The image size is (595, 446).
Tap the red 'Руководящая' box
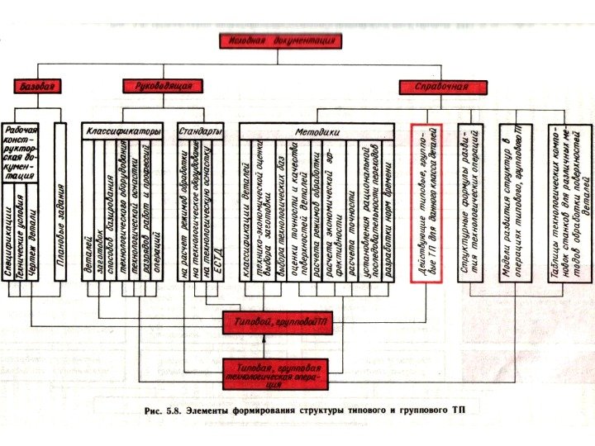pyautogui.click(x=163, y=85)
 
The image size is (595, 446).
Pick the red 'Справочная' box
pyautogui.click(x=439, y=85)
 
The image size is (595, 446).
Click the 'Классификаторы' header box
pyautogui.click(x=125, y=131)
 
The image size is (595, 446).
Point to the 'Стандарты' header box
pyautogui.click(x=200, y=131)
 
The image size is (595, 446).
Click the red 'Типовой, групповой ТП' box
pyautogui.click(x=279, y=325)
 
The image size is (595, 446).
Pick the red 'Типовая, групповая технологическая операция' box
pyautogui.click(x=279, y=374)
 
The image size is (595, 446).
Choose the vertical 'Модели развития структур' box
pyautogui.click(x=511, y=202)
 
